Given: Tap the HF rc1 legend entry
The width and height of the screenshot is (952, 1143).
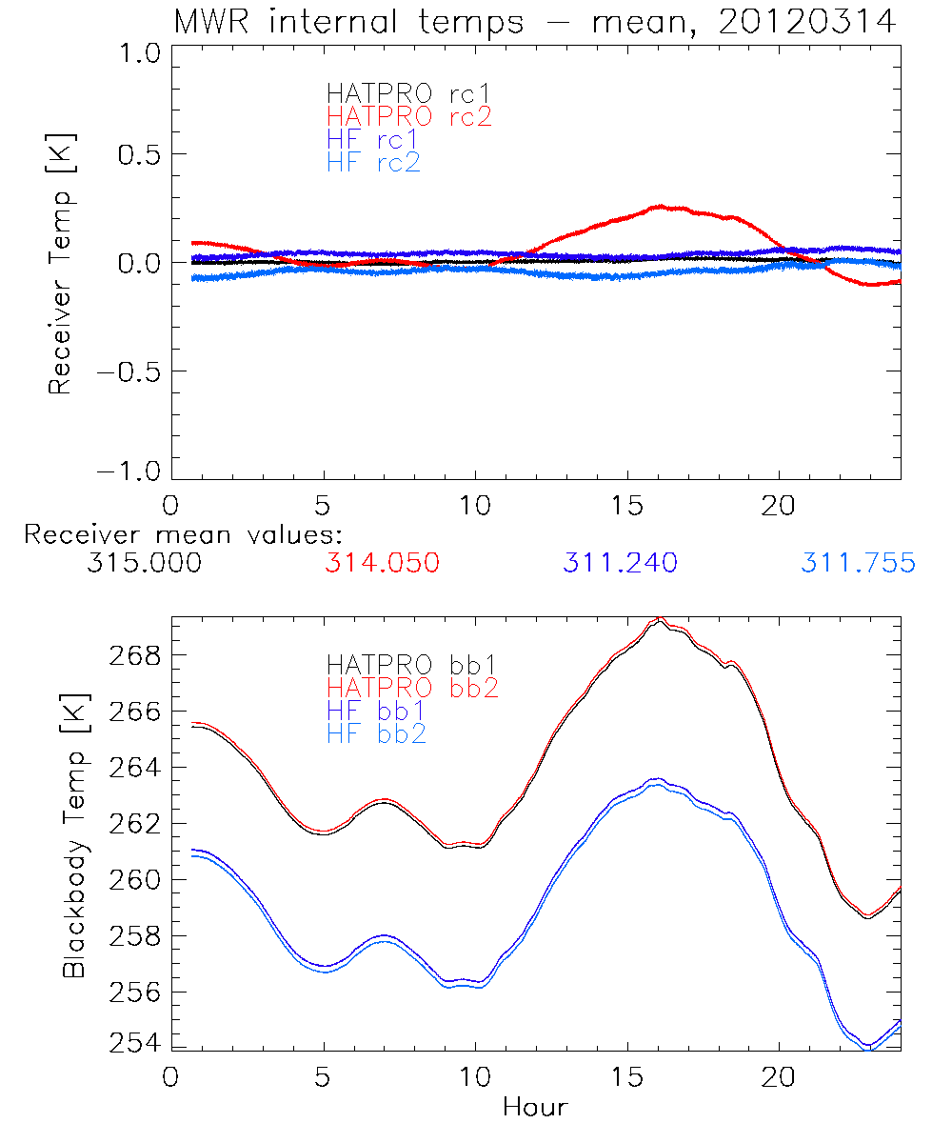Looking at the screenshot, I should [373, 140].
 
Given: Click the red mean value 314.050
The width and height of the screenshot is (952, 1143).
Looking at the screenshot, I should [382, 564].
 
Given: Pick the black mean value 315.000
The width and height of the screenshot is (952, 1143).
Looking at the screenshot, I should [144, 564].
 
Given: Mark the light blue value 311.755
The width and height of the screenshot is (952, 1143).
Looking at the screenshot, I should [858, 564].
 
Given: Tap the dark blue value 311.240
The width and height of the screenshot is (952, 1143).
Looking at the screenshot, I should [620, 564].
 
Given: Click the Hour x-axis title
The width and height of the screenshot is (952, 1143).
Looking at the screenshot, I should [535, 1108].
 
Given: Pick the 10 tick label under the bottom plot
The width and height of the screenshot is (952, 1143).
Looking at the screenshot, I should [475, 1076].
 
